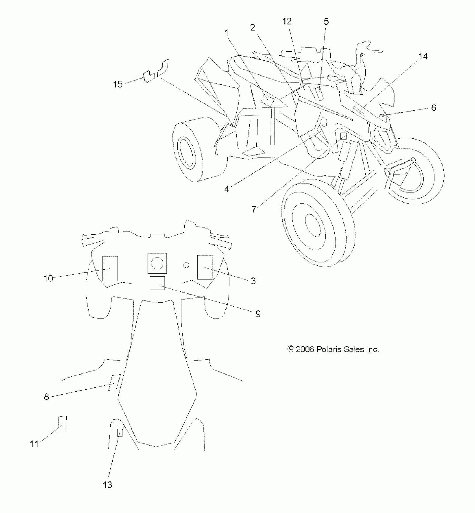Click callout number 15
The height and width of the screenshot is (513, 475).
(118, 84)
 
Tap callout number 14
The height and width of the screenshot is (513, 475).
(423, 56)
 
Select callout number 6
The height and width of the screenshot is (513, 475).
(433, 108)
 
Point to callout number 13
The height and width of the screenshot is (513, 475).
(108, 485)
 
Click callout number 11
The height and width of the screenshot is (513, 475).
(34, 444)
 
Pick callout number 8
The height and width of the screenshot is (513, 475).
(46, 397)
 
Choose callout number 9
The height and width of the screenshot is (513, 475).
(258, 314)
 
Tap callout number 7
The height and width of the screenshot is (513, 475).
(253, 210)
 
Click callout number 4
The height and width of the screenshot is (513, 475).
(226, 189)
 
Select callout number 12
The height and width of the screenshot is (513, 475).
(287, 21)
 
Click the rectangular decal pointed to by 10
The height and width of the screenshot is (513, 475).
(110, 268)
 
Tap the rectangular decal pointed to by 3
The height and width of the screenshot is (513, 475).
(205, 267)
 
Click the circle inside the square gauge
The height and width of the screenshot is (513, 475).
(157, 263)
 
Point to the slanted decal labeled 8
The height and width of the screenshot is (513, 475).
(115, 382)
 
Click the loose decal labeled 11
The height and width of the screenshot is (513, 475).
(62, 424)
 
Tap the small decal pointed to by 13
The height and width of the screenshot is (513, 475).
(120, 432)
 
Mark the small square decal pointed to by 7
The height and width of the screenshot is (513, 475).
(344, 136)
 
